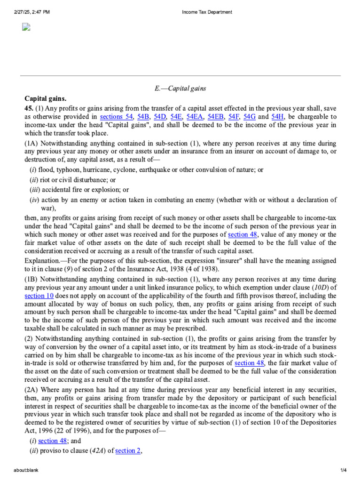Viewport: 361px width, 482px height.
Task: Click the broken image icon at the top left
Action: pos(26,27)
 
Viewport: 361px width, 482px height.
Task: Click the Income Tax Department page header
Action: pos(207,12)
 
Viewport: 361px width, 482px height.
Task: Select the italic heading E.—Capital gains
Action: pos(180,88)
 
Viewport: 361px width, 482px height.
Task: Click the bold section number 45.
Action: pos(29,108)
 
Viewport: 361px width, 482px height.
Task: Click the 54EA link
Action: pos(195,117)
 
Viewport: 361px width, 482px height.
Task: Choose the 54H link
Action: pos(278,117)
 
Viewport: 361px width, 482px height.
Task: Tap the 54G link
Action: pos(250,117)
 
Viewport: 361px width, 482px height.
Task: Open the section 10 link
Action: pos(39,296)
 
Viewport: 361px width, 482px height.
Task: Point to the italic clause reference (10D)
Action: pos(322,287)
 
